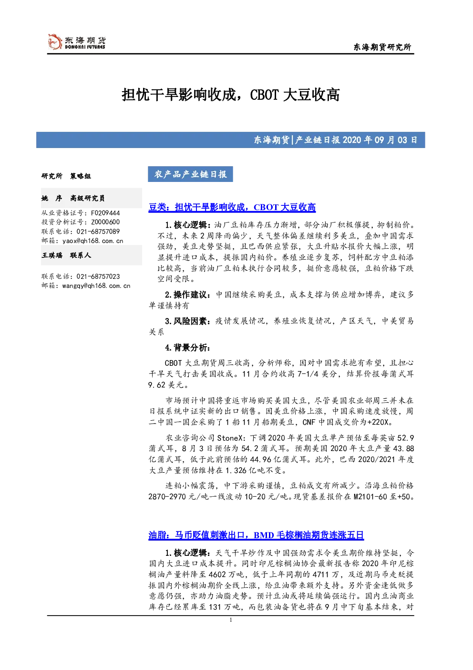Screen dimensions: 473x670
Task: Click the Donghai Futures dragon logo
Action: coord(55,42)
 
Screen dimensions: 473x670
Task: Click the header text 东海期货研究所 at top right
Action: coord(382,47)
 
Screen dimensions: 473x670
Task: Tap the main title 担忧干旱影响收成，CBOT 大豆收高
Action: coord(230,95)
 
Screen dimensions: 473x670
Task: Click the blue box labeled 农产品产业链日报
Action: coord(190,174)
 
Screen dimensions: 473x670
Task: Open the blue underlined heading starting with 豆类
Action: coord(232,207)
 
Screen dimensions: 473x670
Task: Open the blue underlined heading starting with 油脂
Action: coord(256,535)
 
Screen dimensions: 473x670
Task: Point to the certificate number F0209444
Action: coord(105,213)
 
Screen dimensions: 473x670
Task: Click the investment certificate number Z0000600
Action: coord(105,222)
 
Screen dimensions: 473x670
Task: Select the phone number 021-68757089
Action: coord(98,232)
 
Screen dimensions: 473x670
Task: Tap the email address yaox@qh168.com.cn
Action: coord(93,241)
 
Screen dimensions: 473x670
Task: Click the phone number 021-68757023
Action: coord(98,277)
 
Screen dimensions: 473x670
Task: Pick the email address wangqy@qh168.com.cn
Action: coord(96,286)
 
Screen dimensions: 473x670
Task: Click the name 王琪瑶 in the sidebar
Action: coord(52,255)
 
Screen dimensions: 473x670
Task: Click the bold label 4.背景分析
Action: coord(188,348)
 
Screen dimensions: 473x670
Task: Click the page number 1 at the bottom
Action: coord(230,620)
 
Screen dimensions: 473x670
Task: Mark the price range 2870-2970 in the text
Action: coord(170,497)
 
